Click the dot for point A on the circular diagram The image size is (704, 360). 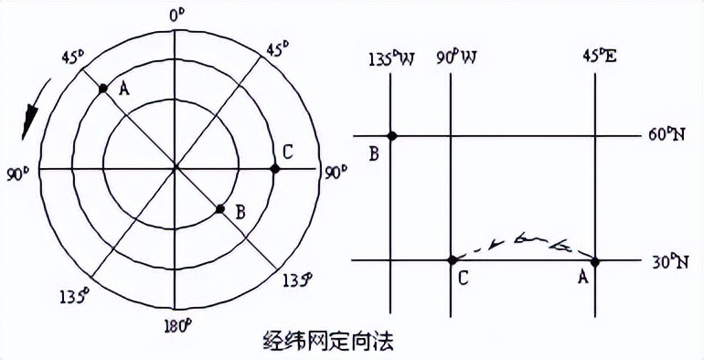point(102,89)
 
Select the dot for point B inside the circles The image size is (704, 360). point(219,209)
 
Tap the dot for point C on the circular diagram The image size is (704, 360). point(274,168)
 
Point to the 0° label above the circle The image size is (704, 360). point(176,15)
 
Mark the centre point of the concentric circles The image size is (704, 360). point(176,168)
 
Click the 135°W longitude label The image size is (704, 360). point(391,58)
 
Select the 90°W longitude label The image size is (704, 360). point(458,58)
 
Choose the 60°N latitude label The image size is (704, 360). point(666,135)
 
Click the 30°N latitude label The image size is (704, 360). point(667,261)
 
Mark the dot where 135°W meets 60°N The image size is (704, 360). point(392,136)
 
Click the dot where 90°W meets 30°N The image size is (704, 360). point(452,260)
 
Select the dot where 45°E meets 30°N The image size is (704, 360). point(595,261)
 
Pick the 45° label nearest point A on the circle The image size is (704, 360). point(70,57)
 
